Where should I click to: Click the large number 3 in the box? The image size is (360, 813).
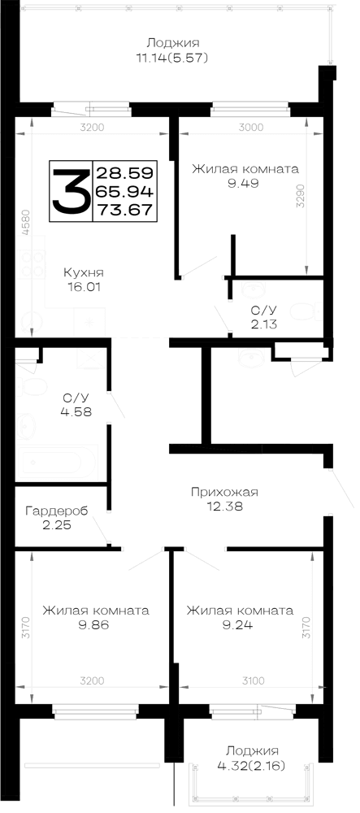(71, 191)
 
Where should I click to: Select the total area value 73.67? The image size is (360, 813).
(124, 210)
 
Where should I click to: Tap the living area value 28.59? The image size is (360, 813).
(124, 172)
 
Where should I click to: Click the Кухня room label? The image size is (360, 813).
(84, 272)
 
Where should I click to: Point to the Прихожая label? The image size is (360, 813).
(224, 492)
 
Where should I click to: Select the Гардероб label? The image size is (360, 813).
(56, 511)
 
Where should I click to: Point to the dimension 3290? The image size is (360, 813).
(301, 196)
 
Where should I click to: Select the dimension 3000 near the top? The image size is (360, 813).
(251, 127)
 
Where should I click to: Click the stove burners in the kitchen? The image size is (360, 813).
(31, 264)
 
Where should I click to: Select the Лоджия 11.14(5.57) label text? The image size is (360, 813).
(172, 50)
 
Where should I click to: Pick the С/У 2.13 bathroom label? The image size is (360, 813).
(263, 317)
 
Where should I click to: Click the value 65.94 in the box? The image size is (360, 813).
(124, 191)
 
